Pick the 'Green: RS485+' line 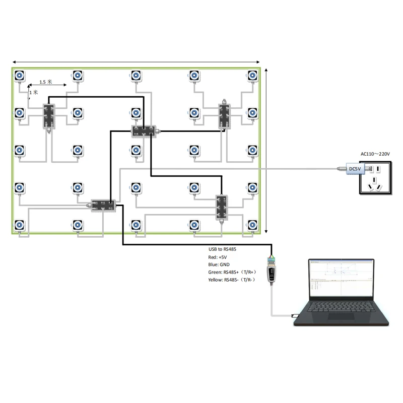233,272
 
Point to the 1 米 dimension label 34,93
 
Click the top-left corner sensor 19,76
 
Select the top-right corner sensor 252,76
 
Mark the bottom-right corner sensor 252,225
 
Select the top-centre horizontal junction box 144,131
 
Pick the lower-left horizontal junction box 103,205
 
